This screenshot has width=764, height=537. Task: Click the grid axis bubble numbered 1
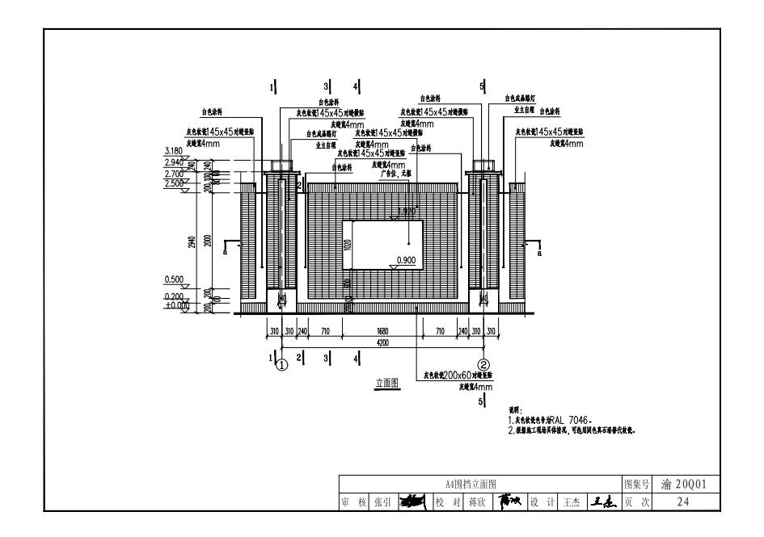[x=281, y=364]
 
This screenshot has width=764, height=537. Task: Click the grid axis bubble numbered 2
[x=483, y=364]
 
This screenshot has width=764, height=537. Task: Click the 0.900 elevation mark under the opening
[x=406, y=260]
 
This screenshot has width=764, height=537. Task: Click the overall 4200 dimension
[x=382, y=342]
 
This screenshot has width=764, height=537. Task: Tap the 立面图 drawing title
[x=387, y=383]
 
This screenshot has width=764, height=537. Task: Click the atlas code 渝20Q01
[x=684, y=485]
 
